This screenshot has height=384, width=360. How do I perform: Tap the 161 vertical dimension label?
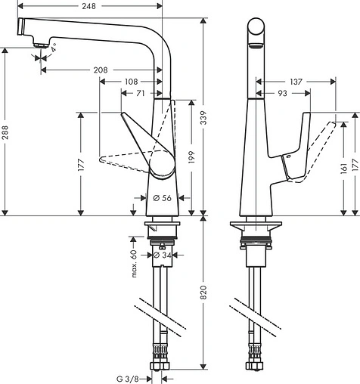tap(343, 167)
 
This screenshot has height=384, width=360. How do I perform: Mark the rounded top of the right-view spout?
tap(256, 21)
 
